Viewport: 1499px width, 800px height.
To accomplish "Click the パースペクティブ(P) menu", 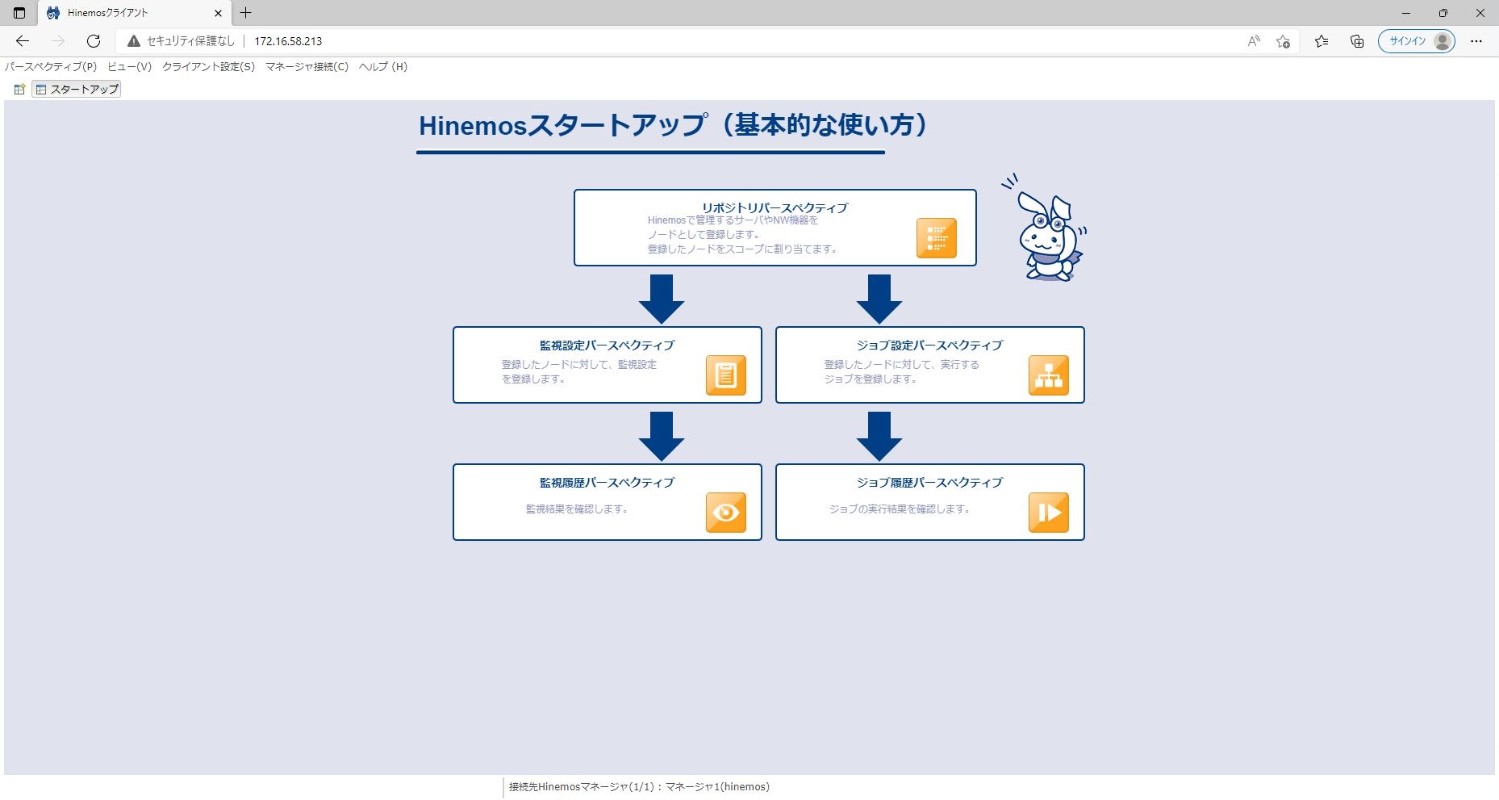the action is (51, 67).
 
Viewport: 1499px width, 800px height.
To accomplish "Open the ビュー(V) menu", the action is (129, 67).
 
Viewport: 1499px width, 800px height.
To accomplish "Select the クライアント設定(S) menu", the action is (208, 67).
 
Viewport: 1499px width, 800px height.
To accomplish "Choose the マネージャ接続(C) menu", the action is (307, 67).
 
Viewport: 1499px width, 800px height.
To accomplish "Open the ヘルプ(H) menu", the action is (383, 67).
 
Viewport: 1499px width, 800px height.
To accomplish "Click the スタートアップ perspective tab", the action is (77, 90).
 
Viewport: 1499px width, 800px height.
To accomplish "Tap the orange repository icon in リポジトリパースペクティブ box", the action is (937, 238).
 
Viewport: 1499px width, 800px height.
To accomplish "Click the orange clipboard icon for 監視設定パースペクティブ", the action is (726, 375).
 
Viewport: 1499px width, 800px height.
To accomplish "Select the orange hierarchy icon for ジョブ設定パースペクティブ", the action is (1049, 375).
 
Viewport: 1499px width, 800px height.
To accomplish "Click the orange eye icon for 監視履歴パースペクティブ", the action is (726, 513).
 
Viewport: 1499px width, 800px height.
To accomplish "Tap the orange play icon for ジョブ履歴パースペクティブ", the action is (1049, 513).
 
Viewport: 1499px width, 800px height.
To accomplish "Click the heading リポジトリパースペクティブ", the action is (775, 207).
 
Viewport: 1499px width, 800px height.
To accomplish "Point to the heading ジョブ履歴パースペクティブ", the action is (929, 482).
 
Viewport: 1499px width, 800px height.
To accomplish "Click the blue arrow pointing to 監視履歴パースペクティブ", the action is (662, 436).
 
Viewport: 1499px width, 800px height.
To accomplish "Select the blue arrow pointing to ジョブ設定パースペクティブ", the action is (879, 299).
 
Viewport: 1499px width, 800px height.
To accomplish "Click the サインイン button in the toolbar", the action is (1416, 41).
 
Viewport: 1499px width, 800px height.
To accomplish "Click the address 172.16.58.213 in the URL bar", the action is (288, 41).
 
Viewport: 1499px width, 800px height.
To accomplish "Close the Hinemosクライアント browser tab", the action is (218, 13).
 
